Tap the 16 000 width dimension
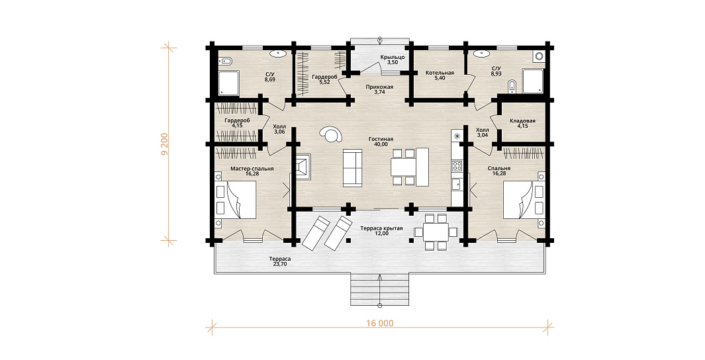point(379,323)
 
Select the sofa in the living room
point(352,167)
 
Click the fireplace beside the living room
point(303,166)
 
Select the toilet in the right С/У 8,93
point(512,87)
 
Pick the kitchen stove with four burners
point(457,165)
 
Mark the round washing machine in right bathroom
point(539,56)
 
